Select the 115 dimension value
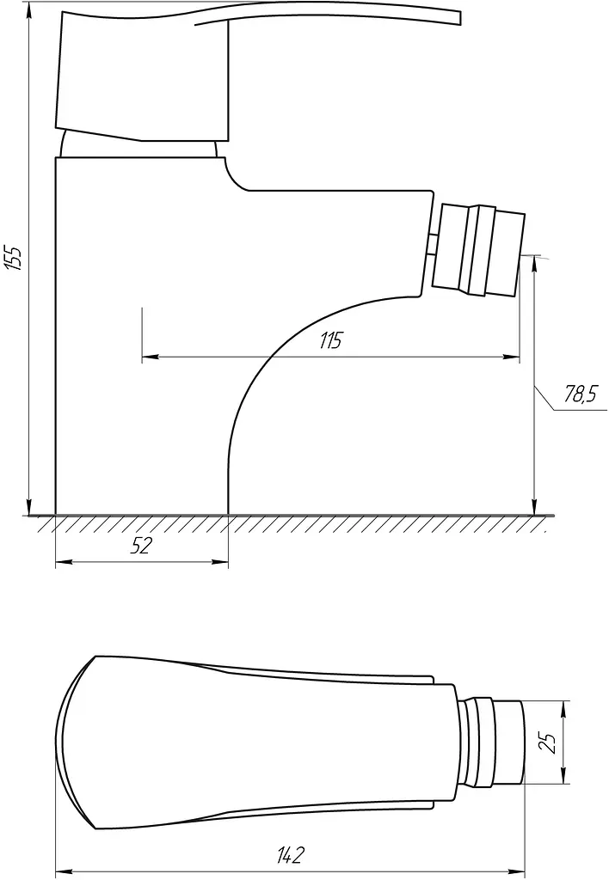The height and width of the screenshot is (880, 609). click(x=330, y=340)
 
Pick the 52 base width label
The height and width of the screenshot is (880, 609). click(x=141, y=545)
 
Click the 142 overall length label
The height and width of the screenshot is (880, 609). click(x=290, y=855)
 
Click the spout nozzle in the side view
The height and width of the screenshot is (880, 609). click(x=478, y=250)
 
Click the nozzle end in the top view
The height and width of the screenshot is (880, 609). click(x=507, y=742)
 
